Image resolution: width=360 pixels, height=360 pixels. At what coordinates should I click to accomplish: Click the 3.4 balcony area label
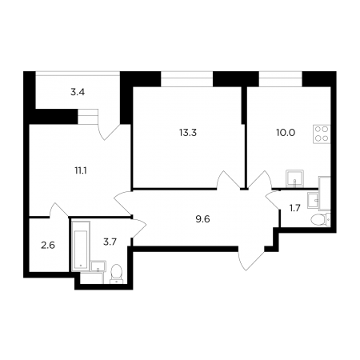click(78, 92)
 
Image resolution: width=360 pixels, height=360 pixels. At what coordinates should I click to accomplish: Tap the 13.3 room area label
click(188, 132)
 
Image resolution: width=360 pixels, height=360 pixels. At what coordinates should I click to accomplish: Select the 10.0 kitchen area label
click(286, 132)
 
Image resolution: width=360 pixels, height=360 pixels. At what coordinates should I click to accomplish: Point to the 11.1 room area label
click(81, 170)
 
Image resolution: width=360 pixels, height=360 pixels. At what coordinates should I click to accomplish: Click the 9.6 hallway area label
click(202, 219)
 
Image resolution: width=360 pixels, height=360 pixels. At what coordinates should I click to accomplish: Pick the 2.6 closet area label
click(48, 245)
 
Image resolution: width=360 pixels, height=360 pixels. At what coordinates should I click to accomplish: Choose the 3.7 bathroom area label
click(110, 242)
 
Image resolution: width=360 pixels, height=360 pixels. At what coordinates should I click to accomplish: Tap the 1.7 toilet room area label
click(295, 208)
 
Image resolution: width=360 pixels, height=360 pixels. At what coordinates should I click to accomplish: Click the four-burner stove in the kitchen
click(322, 134)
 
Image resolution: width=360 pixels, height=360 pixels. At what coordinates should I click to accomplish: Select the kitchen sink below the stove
click(294, 178)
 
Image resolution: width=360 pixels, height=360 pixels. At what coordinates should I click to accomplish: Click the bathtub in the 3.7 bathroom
click(81, 246)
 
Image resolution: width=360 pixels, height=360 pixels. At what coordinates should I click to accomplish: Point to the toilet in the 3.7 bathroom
click(116, 274)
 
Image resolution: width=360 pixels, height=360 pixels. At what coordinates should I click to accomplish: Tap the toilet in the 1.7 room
click(321, 219)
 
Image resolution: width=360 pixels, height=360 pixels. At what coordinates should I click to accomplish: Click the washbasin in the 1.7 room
click(313, 200)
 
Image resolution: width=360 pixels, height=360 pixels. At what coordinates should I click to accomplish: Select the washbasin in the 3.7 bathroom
click(98, 266)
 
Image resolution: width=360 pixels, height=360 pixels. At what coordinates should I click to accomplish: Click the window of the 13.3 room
click(187, 79)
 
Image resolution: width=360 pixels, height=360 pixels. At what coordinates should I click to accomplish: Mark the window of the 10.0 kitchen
click(281, 79)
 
